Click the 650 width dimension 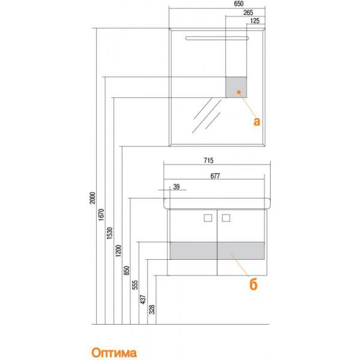239,4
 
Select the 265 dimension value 248,13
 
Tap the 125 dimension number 254,21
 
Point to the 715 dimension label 208,160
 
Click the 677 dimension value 215,176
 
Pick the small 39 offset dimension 176,187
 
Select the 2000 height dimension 92,198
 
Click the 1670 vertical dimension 101,215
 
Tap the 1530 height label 110,233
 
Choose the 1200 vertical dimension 118,251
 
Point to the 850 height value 127,271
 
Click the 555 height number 135,284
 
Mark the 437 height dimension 143,299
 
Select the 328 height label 152,310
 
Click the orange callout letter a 257,121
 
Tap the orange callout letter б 253,285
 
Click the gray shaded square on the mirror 236,87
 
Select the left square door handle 208,218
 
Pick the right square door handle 226,218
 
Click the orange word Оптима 114,353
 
